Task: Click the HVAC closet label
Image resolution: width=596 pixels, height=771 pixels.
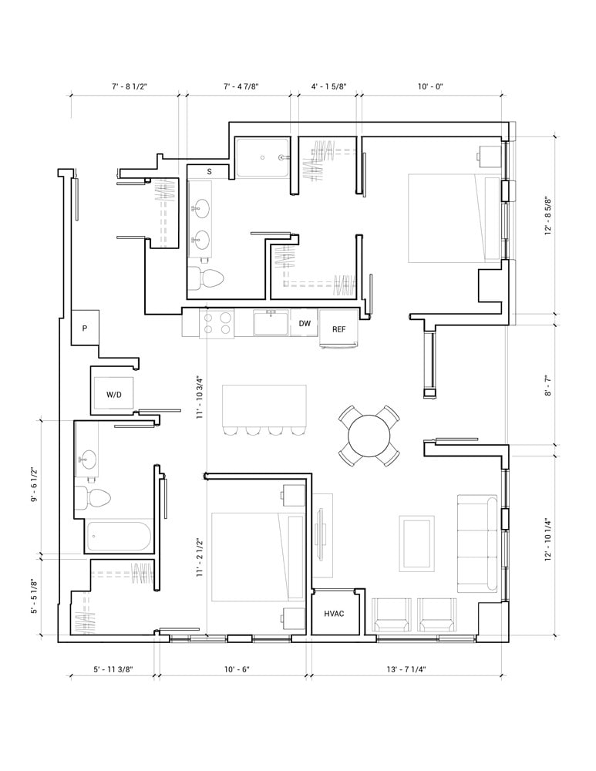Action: coord(334,614)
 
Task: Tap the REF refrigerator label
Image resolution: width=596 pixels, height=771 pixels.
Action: coord(338,329)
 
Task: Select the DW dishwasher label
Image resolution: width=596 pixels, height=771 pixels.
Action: coord(305,324)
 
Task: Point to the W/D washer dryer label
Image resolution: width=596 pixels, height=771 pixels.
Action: coord(114,394)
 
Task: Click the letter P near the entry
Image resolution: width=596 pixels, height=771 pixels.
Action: coord(85,328)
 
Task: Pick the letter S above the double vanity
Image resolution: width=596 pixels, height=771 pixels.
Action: coord(210,172)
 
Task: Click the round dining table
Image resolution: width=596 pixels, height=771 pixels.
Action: coord(369,436)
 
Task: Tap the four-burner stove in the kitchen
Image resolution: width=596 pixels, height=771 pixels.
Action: coord(217,324)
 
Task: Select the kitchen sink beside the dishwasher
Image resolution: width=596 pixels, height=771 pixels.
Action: coord(271,322)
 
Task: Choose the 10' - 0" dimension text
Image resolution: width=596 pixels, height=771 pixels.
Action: coord(431,86)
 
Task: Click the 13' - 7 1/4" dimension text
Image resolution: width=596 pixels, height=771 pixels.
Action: coord(406,669)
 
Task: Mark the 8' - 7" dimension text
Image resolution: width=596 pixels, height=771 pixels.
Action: coord(549,385)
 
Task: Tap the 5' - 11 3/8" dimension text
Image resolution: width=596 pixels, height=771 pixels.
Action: coord(113,669)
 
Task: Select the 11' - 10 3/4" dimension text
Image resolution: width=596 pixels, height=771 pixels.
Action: coord(200,397)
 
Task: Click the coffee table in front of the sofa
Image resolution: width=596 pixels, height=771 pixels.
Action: coord(417,544)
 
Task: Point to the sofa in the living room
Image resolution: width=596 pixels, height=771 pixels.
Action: coord(477,544)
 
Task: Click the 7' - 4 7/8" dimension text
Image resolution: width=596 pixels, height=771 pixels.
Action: coord(241,86)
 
